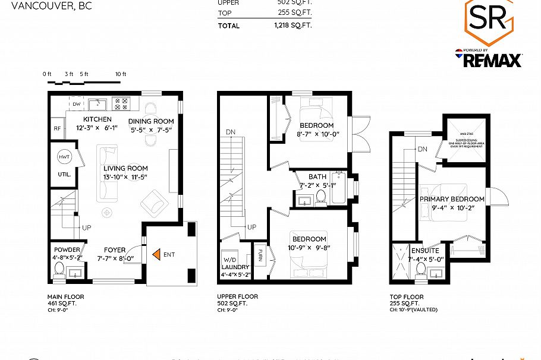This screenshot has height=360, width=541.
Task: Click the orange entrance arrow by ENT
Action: (157, 254)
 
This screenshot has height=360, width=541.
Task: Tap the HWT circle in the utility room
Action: (64, 157)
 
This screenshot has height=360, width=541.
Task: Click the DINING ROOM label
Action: (151, 121)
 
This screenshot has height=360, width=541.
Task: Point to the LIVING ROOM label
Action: (125, 168)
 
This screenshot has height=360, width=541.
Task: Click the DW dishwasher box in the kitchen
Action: (76, 104)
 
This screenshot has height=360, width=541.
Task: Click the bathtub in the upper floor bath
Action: (339, 188)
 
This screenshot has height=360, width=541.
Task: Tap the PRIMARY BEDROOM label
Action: (452, 199)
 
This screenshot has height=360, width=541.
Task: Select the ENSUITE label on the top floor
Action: (425, 251)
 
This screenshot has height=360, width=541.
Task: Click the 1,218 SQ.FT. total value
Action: (292, 26)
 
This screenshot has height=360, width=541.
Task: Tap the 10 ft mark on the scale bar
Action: (121, 74)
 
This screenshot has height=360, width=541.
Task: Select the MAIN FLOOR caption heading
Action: (65, 296)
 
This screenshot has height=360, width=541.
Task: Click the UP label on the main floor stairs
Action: (86, 228)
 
